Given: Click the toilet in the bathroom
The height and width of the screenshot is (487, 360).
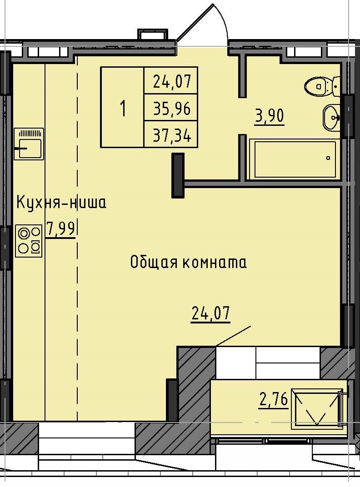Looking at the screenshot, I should pyautogui.click(x=322, y=85).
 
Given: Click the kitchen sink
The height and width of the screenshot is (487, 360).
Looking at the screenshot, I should pyautogui.click(x=29, y=144).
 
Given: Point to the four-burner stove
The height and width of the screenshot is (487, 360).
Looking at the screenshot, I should pyautogui.click(x=29, y=240).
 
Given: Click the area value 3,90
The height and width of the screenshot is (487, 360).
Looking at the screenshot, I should pyautogui.click(x=270, y=116).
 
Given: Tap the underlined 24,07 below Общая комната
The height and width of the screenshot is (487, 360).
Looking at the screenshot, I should pyautogui.click(x=210, y=313).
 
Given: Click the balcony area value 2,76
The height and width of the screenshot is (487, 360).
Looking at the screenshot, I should pyautogui.click(x=273, y=400).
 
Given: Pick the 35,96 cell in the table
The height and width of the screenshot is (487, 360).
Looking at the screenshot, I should pyautogui.click(x=171, y=108).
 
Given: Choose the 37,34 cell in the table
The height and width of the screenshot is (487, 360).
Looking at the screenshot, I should pyautogui.click(x=171, y=134).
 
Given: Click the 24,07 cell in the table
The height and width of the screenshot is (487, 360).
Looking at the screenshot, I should pyautogui.click(x=171, y=81).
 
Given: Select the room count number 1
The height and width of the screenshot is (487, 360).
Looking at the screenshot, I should pyautogui.click(x=122, y=108).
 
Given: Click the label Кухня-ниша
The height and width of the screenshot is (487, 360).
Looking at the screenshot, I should pyautogui.click(x=61, y=202).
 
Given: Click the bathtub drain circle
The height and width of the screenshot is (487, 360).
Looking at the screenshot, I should pyautogui.click(x=328, y=159).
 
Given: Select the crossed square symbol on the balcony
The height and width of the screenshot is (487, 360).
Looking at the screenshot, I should pyautogui.click(x=317, y=408).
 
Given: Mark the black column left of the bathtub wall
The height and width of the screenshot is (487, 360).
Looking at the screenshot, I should pyautogui.click(x=178, y=175).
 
